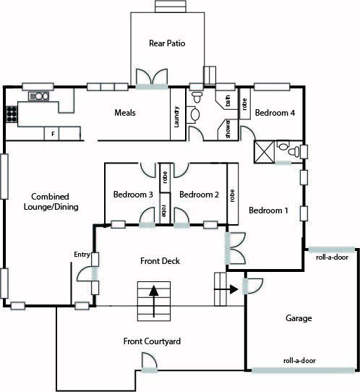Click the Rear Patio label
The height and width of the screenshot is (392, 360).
(167, 43)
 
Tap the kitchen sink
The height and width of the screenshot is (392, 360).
(38, 96)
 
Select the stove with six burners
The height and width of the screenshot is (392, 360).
(12, 114)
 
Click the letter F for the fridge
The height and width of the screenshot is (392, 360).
(53, 134)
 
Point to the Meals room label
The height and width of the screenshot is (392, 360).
(125, 113)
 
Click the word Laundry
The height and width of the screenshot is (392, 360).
(176, 117)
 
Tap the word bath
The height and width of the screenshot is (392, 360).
(228, 101)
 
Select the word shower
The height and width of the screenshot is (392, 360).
(228, 129)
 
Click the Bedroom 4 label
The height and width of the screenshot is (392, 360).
(275, 113)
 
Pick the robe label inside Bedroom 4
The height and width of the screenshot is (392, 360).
(244, 103)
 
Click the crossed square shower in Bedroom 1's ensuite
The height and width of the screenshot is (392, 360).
(265, 152)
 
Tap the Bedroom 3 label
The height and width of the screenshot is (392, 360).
(133, 195)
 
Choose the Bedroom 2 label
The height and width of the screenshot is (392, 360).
(199, 195)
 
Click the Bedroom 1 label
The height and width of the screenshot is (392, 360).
(268, 210)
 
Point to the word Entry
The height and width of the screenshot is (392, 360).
(82, 255)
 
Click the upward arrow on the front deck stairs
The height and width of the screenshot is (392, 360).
(154, 302)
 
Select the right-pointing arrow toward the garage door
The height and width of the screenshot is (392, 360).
(226, 289)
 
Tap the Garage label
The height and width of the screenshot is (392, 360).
(299, 318)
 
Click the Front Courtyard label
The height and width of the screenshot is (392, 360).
(152, 341)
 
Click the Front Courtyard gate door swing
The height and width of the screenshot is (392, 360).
(149, 360)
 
